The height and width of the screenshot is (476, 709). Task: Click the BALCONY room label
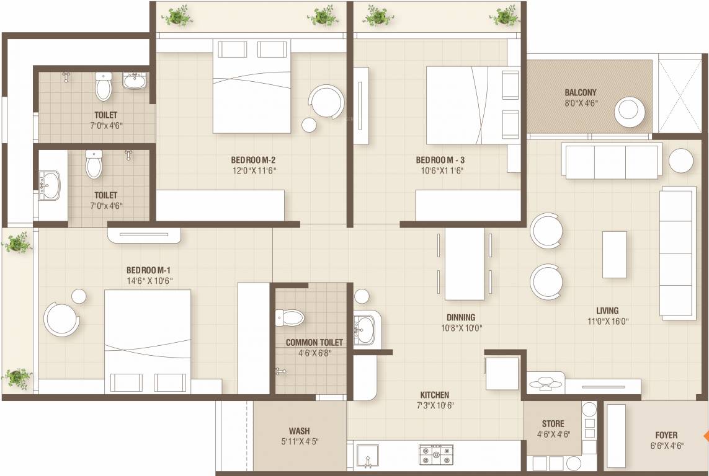581,92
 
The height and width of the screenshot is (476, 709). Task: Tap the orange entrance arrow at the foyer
705,436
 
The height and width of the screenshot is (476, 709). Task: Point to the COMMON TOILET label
314,342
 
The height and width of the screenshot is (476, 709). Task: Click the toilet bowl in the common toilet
291,318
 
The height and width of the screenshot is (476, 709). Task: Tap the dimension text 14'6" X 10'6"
149,280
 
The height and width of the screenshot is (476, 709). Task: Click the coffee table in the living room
614,254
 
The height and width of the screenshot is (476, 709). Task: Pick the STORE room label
553,424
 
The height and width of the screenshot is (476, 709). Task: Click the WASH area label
299,431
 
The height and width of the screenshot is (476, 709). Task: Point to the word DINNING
460,317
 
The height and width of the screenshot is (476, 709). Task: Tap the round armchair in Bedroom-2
326,101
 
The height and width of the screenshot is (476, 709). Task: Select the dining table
465,263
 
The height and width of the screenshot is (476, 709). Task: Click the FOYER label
666,434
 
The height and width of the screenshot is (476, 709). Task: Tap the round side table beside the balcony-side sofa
680,161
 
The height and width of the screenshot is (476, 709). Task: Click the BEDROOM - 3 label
440,160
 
